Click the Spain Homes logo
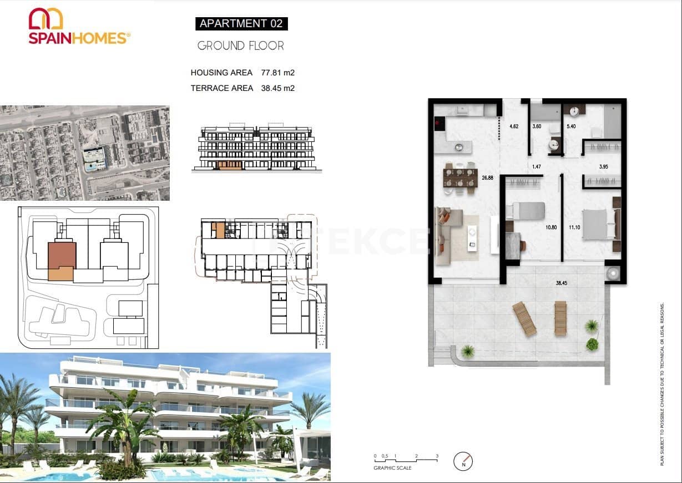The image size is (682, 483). point(79,26)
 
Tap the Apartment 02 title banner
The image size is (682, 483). point(241,23)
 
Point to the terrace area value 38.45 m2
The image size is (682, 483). point(277,88)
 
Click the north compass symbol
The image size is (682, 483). point(463,461)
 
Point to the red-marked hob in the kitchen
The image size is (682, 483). point(438,124)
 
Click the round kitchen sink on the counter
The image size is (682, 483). point(459,148)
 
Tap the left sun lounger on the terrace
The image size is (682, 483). point(524,319)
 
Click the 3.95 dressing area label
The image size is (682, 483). point(604,166)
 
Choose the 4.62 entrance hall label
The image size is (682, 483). point(514,126)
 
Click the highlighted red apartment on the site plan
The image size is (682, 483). point(62,255)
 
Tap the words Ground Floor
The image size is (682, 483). point(241,46)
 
